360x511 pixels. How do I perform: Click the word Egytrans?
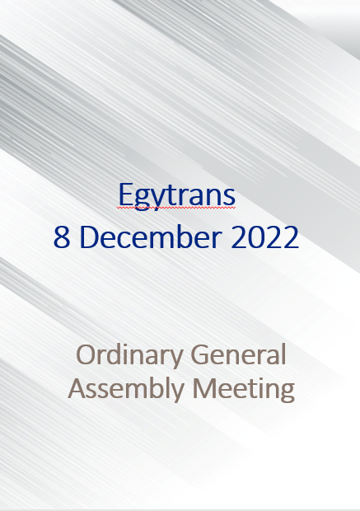point(177,196)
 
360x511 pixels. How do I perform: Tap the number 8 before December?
point(62,237)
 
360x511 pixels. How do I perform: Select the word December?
point(151,237)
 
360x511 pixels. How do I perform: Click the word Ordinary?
point(129,355)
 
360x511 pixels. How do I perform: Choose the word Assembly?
point(126,389)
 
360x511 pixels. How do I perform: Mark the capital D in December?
point(89,237)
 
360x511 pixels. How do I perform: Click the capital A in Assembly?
point(77,388)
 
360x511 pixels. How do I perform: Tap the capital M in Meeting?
point(204,388)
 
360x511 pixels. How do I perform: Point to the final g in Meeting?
point(287,392)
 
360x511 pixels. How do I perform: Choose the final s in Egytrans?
point(230,198)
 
